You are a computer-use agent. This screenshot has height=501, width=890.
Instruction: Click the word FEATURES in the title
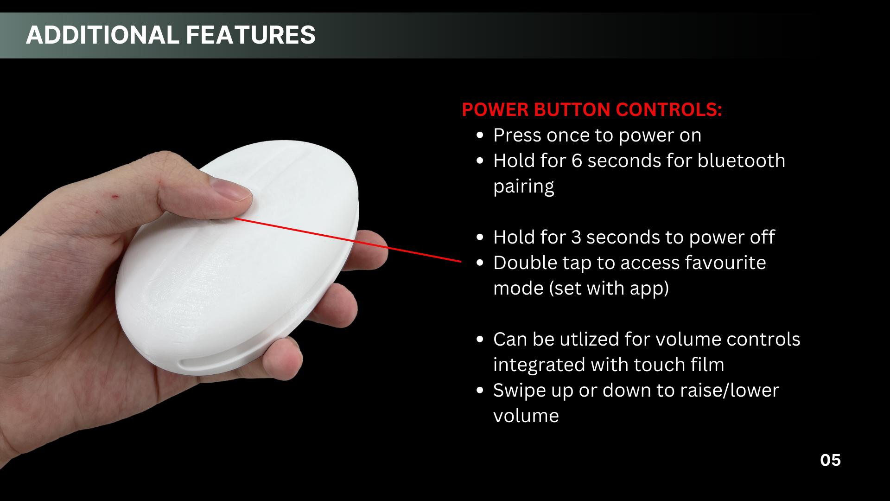tap(251, 35)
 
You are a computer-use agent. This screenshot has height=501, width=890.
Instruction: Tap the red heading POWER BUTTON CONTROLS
tap(592, 109)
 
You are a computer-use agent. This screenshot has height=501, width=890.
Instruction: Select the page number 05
tap(830, 460)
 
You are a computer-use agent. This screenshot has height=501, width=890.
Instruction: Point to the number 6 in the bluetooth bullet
tap(577, 161)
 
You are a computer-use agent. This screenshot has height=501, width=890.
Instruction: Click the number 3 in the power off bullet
tap(576, 238)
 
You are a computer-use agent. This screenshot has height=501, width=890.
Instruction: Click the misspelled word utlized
tap(589, 340)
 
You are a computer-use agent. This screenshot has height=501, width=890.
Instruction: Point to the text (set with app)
tap(609, 289)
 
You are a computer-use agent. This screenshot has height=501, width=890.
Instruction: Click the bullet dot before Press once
tap(480, 135)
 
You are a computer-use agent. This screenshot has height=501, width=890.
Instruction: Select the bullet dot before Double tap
tap(480, 263)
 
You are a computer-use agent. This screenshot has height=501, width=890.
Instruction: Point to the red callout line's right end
tap(461, 262)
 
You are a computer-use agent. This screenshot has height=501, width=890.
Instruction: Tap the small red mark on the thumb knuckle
tap(114, 197)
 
